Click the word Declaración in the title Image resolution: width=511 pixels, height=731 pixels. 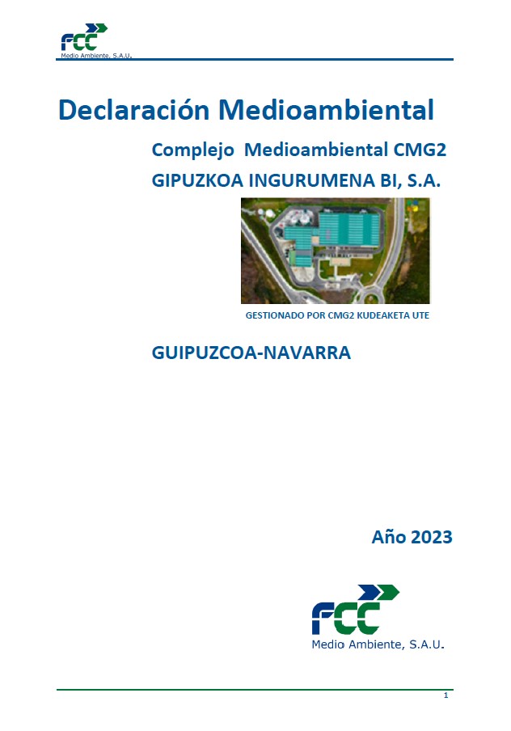[133, 109]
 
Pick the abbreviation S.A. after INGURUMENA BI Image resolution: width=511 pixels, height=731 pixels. [423, 181]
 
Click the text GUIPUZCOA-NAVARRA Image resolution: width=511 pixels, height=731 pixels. [251, 353]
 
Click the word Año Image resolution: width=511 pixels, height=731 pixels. [388, 536]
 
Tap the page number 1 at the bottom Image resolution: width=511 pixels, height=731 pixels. [446, 695]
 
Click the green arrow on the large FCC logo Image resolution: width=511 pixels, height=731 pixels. [386, 593]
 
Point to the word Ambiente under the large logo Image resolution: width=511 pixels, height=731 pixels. [378, 644]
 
